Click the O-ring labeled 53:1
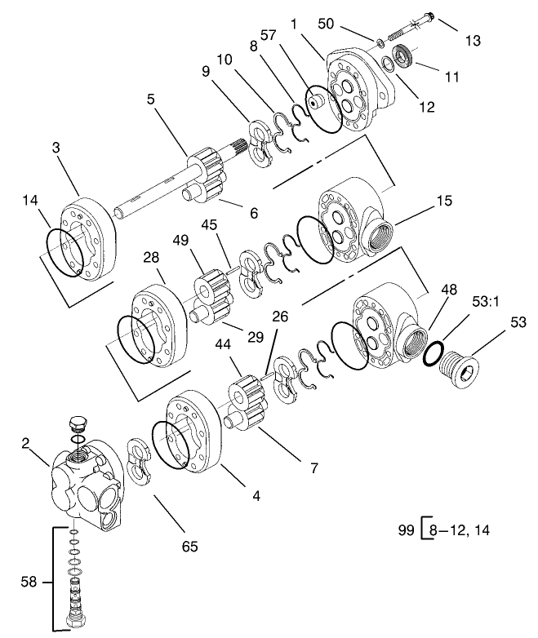(x=435, y=355)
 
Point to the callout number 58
(x=29, y=582)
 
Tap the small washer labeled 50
(x=380, y=42)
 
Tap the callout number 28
(x=152, y=259)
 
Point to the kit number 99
(x=406, y=529)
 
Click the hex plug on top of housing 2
(x=78, y=425)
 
